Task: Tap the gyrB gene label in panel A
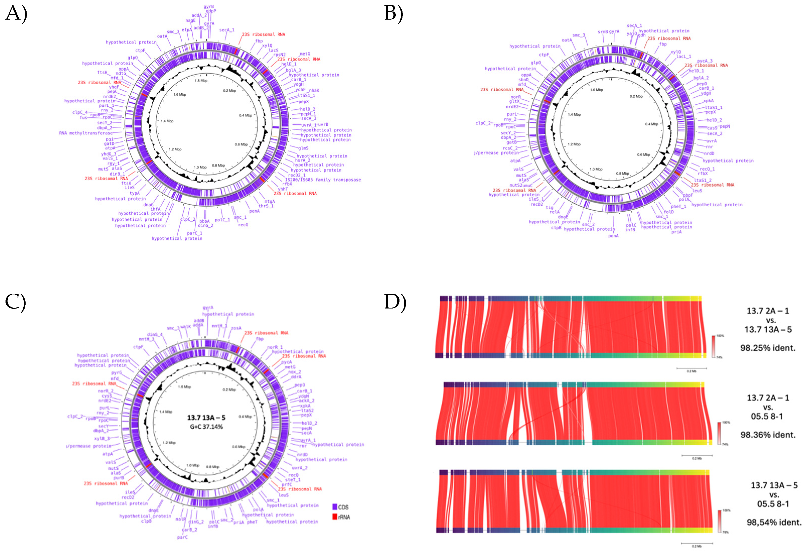pyautogui.click(x=209, y=7)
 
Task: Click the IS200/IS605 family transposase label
pyautogui.click(x=323, y=180)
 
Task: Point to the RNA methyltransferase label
pyautogui.click(x=86, y=133)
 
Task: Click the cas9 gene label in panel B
pyautogui.click(x=712, y=128)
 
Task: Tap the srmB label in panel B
pyautogui.click(x=603, y=32)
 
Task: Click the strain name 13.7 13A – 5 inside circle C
pyautogui.click(x=206, y=417)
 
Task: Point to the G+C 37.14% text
pyautogui.click(x=206, y=427)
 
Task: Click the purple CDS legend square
pyautogui.click(x=335, y=507)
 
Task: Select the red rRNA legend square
pyautogui.click(x=335, y=517)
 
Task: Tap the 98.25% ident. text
pyautogui.click(x=768, y=348)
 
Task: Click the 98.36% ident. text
pyautogui.click(x=768, y=435)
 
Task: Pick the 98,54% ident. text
pyautogui.click(x=774, y=522)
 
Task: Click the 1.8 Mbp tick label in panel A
pyautogui.click(x=201, y=81)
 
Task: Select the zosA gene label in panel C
pyautogui.click(x=236, y=328)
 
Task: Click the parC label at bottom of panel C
pyautogui.click(x=182, y=537)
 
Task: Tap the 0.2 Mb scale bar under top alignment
pyautogui.click(x=691, y=368)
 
